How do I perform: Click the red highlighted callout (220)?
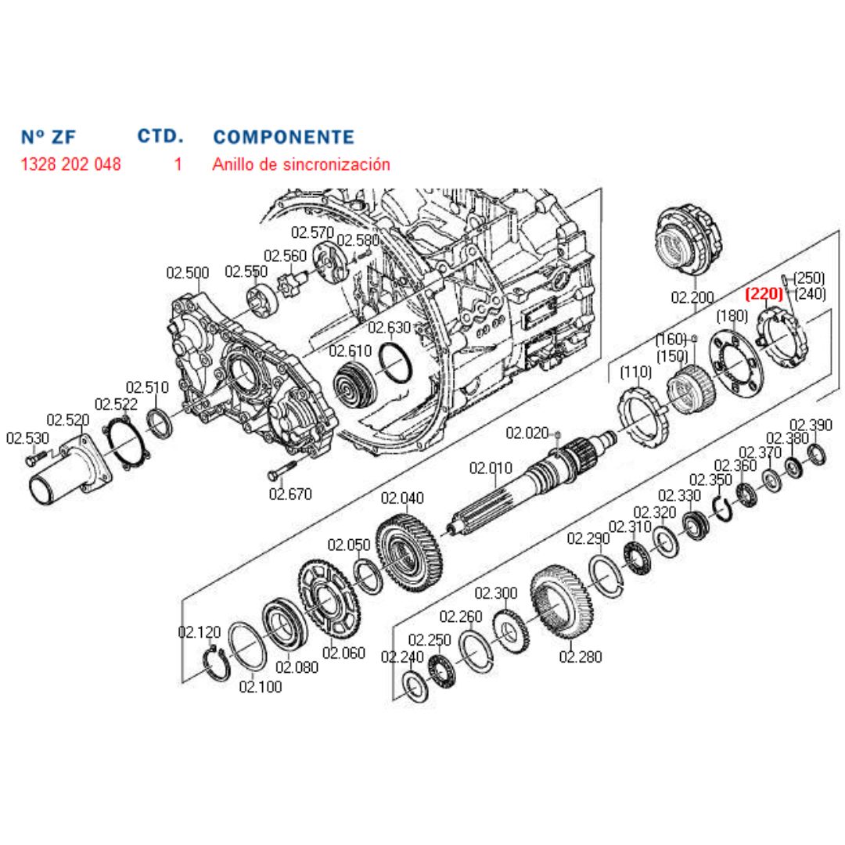[764, 294]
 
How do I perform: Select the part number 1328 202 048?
[70, 164]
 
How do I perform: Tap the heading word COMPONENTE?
[283, 137]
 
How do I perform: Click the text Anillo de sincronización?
[301, 164]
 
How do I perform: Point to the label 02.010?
[491, 468]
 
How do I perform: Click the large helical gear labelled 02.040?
[408, 553]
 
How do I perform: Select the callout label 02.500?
[188, 273]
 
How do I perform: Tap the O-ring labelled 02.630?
[396, 363]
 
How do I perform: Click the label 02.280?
[581, 656]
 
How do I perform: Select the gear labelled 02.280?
[562, 602]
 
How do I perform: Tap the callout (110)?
[635, 372]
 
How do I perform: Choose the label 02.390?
[811, 425]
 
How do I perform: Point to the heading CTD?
[160, 136]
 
